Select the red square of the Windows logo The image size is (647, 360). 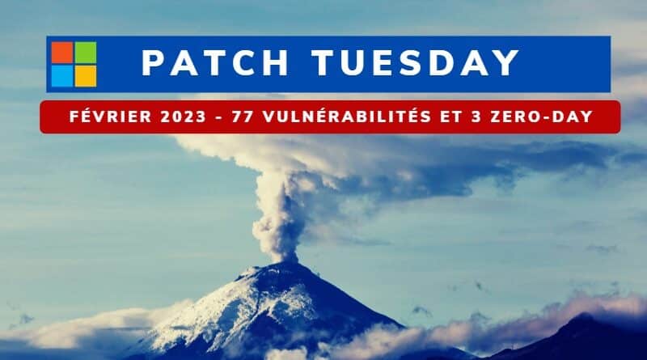tap(62, 53)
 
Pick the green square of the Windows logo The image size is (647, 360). tap(86, 53)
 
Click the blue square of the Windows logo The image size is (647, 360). tap(62, 76)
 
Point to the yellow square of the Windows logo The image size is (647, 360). tap(86, 76)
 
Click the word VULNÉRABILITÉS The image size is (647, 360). tap(348, 116)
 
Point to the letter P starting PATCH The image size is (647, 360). tap(153, 63)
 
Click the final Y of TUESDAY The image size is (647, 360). tap(506, 63)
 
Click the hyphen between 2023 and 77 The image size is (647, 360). tap(218, 117)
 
